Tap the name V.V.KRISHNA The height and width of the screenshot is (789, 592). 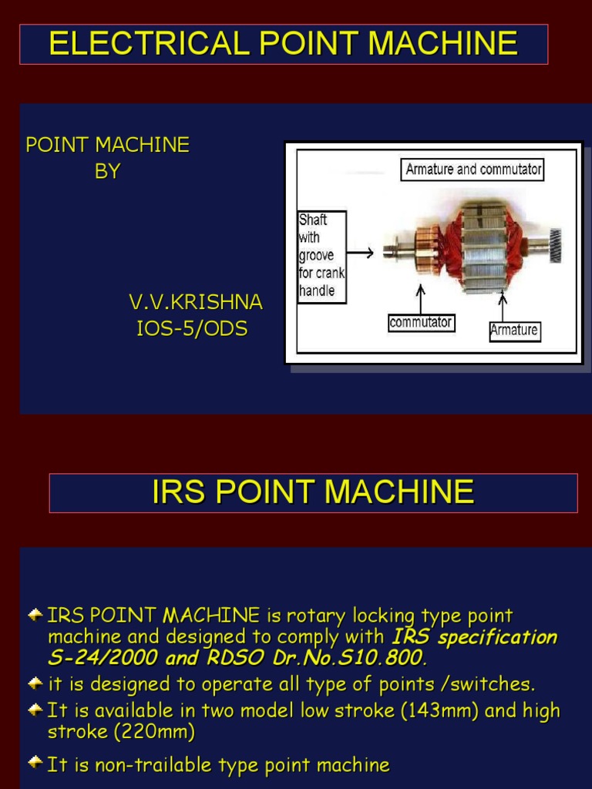pyautogui.click(x=195, y=303)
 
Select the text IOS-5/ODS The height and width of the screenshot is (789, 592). pyautogui.click(x=192, y=329)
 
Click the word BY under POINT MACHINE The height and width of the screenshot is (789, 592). pyautogui.click(x=108, y=172)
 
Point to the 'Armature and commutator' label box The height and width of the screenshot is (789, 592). pyautogui.click(x=472, y=170)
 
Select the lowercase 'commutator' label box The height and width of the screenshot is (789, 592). pyautogui.click(x=420, y=323)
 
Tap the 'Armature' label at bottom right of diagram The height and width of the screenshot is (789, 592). pyautogui.click(x=514, y=330)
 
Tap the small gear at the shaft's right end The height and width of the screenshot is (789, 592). pyautogui.click(x=553, y=246)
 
